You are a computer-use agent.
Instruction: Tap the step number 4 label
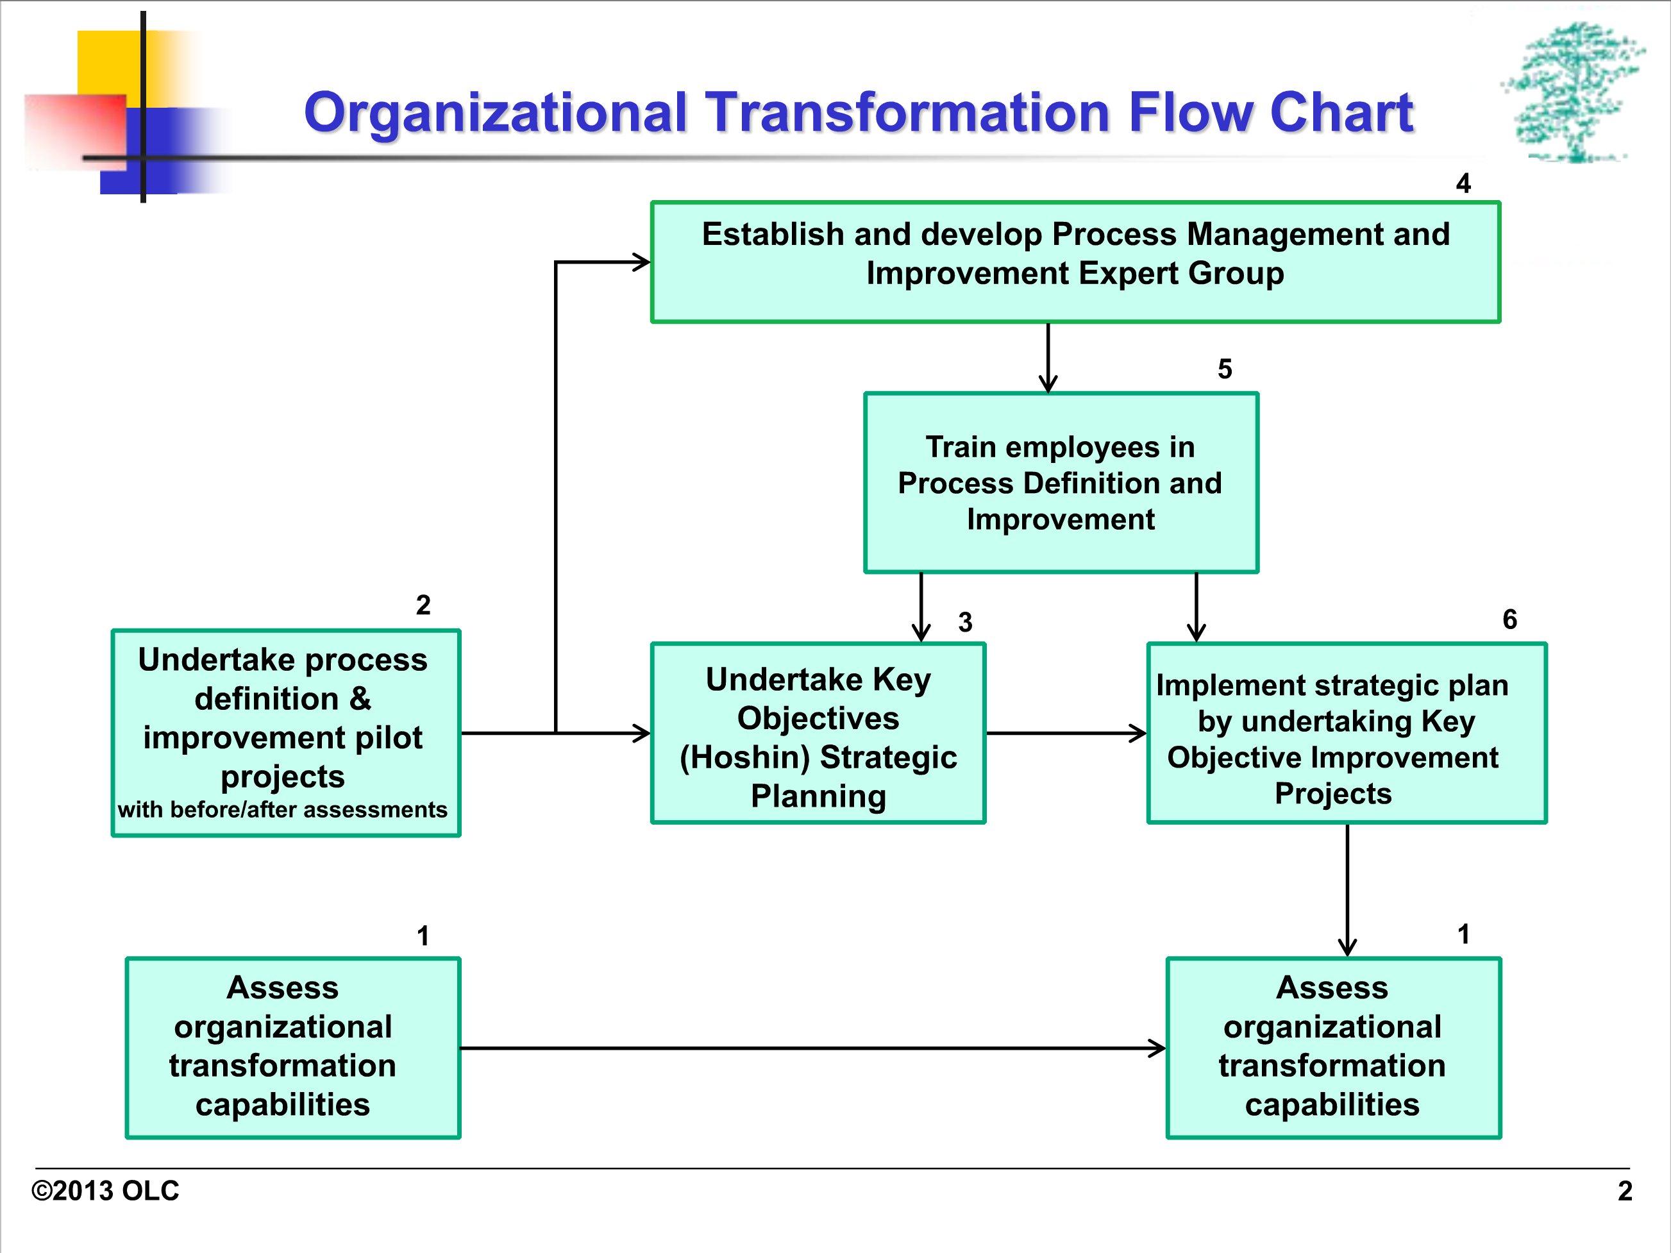[1463, 183]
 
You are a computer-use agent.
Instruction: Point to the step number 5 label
[1225, 369]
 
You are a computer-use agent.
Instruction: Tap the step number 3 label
[966, 623]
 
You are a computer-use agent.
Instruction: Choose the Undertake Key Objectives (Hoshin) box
[818, 732]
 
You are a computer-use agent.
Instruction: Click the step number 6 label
[1509, 619]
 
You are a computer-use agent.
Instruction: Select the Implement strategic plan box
[1347, 732]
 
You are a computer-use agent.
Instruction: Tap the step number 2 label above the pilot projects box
[423, 605]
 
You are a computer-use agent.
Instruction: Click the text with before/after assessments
[283, 810]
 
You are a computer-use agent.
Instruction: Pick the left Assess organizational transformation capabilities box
[293, 1048]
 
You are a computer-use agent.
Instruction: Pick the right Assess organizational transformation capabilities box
[1333, 1048]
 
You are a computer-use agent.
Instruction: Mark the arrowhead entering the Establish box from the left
[642, 262]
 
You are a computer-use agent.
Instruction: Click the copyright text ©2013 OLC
[105, 1191]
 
